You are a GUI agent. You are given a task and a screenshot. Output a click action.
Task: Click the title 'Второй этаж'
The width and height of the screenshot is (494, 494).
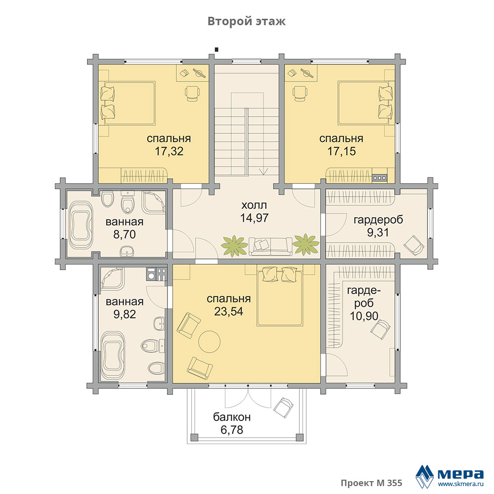pyautogui.click(x=247, y=21)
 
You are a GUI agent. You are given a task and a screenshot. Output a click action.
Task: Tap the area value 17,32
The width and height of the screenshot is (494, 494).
pyautogui.click(x=169, y=151)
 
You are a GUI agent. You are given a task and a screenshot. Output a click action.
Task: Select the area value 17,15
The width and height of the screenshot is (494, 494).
pyautogui.click(x=341, y=151)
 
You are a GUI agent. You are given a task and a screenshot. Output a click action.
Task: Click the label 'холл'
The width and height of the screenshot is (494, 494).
pyautogui.click(x=254, y=206)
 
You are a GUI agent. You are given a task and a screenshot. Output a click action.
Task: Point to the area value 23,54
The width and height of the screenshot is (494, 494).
pyautogui.click(x=229, y=311)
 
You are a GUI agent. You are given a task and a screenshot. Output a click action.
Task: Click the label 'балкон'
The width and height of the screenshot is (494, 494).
pyautogui.click(x=232, y=417)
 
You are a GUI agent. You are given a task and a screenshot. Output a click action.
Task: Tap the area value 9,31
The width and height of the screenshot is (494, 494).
pyautogui.click(x=378, y=232)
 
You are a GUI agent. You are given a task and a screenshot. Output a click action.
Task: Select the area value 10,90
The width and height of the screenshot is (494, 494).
pyautogui.click(x=364, y=316)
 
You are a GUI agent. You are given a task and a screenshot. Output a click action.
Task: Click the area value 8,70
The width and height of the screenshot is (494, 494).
pyautogui.click(x=124, y=234)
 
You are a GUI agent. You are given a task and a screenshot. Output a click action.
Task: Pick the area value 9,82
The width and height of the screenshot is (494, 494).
pyautogui.click(x=124, y=314)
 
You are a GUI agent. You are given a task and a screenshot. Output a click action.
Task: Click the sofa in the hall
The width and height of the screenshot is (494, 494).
pyautogui.click(x=270, y=247)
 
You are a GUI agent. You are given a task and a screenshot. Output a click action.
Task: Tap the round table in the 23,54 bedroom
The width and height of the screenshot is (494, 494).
pyautogui.click(x=209, y=341)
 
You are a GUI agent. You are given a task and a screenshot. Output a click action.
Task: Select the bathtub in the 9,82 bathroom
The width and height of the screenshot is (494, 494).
pyautogui.click(x=113, y=356)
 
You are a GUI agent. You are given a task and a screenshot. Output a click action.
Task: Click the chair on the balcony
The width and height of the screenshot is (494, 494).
pyautogui.click(x=284, y=408)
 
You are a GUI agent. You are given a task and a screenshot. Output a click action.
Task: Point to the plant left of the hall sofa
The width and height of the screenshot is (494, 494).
pyautogui.click(x=234, y=246)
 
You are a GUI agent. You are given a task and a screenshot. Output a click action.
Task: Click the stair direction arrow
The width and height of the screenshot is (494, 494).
pyautogui.click(x=263, y=171)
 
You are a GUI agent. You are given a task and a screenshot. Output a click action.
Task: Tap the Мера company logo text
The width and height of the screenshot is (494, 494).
pyautogui.click(x=460, y=473)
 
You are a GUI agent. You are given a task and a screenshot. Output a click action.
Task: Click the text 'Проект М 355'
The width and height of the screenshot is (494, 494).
pyautogui.click(x=371, y=483)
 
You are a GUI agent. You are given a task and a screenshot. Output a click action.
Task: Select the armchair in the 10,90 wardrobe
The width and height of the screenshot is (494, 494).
pyautogui.click(x=380, y=329)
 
